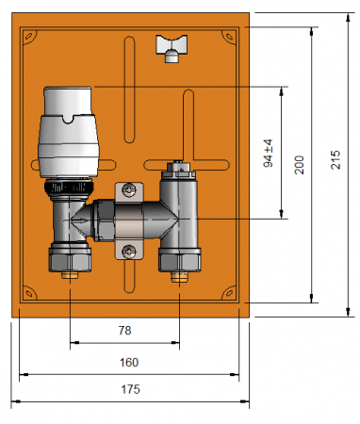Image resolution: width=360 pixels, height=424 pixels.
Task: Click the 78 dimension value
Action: pos(124,331)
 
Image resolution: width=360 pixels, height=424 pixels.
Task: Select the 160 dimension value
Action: pos(129,363)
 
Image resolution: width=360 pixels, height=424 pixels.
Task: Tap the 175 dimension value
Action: pos(130,389)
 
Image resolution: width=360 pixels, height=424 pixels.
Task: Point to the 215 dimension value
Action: pos(335,160)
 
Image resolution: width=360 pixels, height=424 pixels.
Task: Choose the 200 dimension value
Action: pos(300,165)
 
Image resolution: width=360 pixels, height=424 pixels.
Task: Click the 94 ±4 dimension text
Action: pos(268,154)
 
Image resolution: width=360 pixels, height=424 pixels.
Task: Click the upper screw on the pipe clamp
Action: pos(129,190)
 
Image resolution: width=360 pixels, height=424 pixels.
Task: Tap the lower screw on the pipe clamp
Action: pos(129,252)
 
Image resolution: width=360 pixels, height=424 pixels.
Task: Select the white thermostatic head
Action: pos(69,132)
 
